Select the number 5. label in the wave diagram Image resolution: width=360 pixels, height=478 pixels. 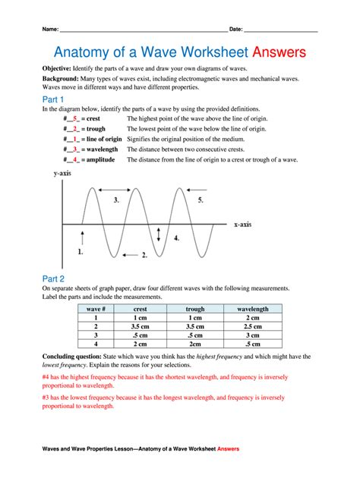point(201,200)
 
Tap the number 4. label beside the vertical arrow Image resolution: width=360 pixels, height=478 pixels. point(176,237)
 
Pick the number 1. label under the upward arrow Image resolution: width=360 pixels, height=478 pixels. point(81,250)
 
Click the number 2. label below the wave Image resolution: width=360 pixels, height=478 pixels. point(144,256)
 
